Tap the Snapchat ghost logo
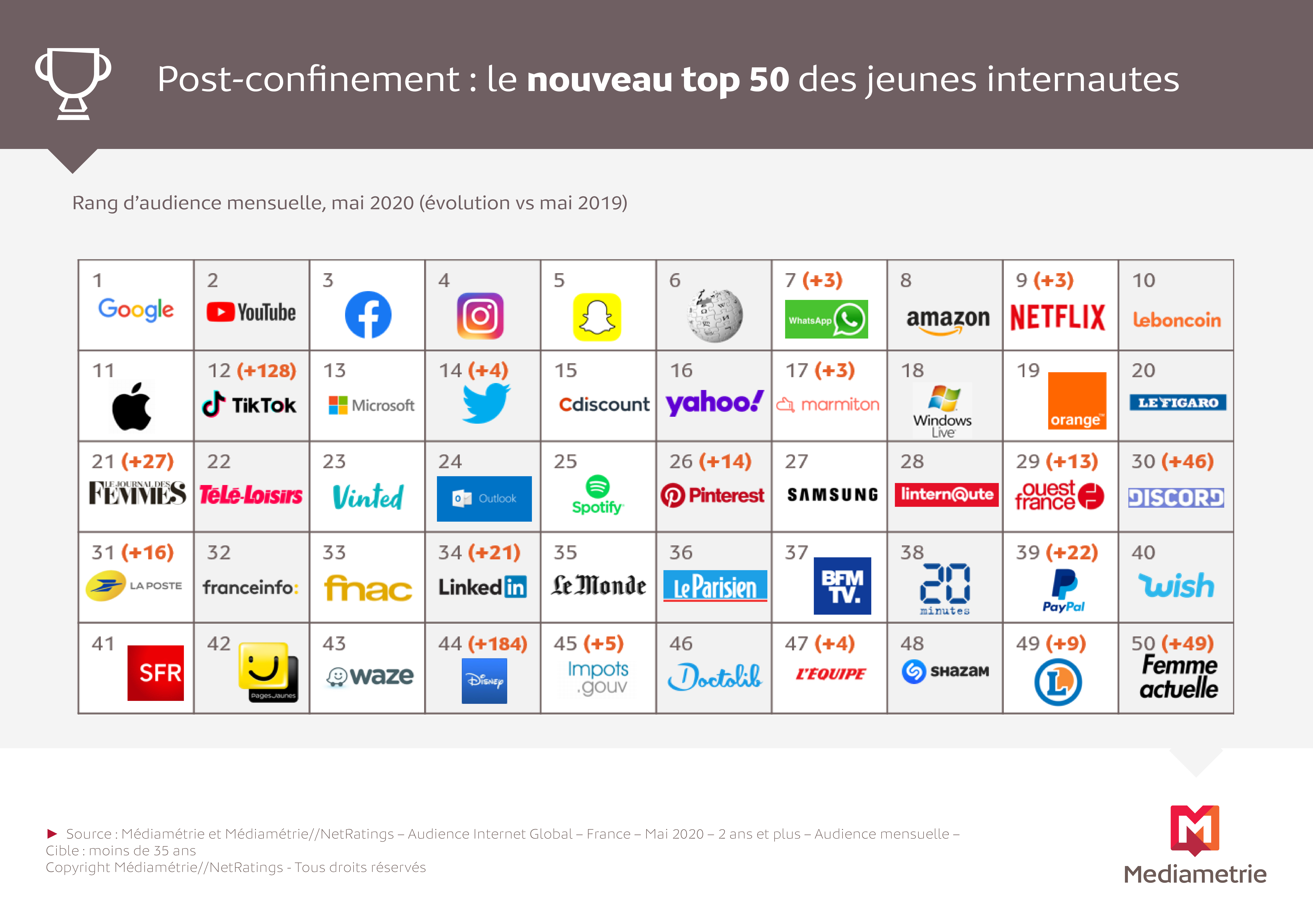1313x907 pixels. (597, 317)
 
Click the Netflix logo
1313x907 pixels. (1057, 317)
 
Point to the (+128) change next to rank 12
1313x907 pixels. (266, 371)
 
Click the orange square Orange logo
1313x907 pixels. (1077, 401)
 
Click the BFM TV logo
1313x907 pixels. (842, 586)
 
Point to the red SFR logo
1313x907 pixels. (156, 673)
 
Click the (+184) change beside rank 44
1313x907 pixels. (497, 644)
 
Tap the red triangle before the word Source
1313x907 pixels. (52, 834)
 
